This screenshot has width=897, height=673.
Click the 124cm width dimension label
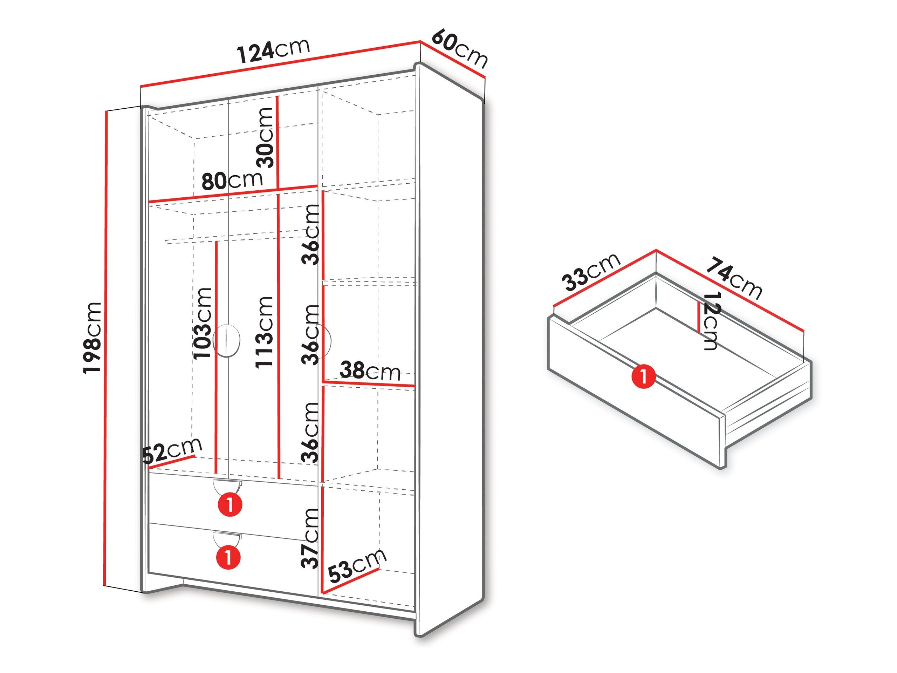coord(273,50)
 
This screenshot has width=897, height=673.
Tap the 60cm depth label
coord(459,49)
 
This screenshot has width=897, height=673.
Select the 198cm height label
coord(92,338)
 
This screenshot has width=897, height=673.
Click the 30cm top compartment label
coord(265,137)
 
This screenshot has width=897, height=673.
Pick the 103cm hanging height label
coord(203,323)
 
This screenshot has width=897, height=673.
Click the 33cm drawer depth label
coord(591,272)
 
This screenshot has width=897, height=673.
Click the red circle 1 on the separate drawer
coord(644,376)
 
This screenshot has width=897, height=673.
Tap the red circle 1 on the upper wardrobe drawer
coord(230,505)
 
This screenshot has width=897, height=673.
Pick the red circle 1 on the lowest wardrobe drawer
coord(229,557)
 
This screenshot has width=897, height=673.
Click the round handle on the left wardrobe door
coord(226,341)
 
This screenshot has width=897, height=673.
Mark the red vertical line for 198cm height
coord(106,348)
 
